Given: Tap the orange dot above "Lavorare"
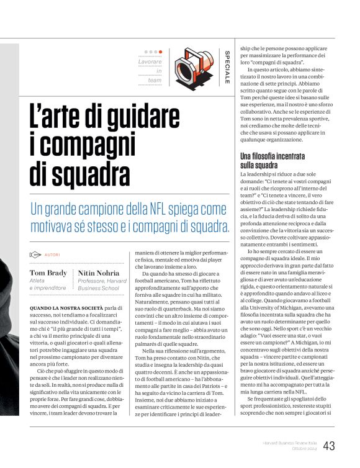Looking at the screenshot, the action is click(161, 52).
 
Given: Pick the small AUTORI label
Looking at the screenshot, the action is click(52, 255).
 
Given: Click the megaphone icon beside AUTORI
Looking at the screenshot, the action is click(35, 255).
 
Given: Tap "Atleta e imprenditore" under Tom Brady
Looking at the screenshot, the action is click(48, 284).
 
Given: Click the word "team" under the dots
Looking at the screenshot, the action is click(155, 80).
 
